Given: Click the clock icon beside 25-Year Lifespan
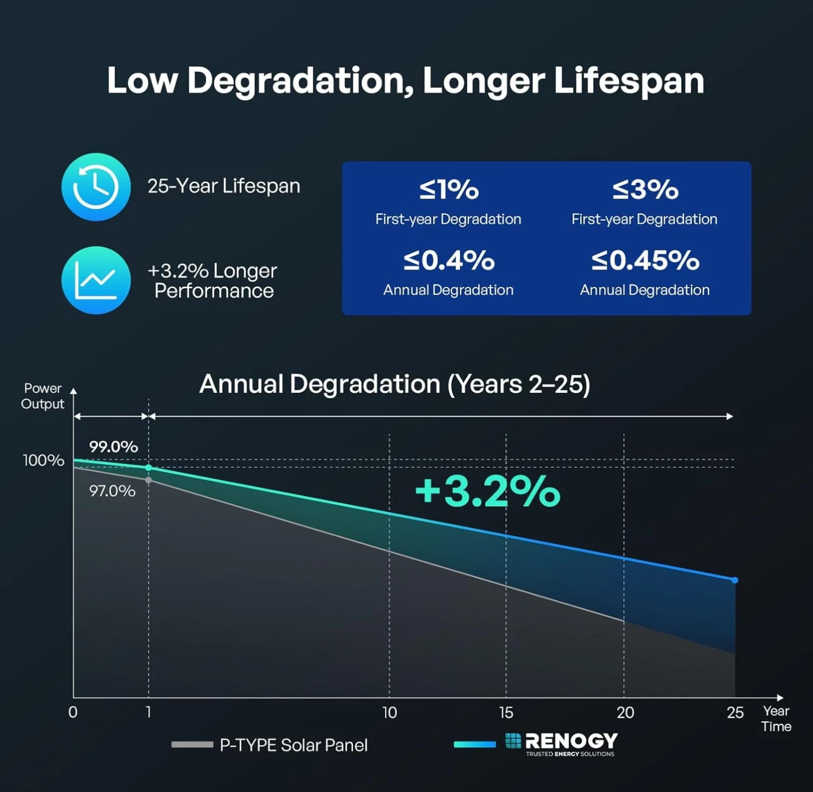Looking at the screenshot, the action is pyautogui.click(x=96, y=187).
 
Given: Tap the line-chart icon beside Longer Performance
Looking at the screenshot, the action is pyautogui.click(x=96, y=280).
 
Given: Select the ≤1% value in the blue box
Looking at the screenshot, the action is pyautogui.click(x=449, y=189).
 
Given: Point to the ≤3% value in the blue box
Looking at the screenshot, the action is pyautogui.click(x=645, y=189).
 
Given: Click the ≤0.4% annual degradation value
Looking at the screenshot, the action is pyautogui.click(x=449, y=260).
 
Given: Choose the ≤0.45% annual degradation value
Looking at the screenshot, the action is pyautogui.click(x=645, y=260).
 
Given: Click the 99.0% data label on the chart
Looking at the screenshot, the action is pyautogui.click(x=113, y=447).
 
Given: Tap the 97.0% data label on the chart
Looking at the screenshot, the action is pyautogui.click(x=112, y=491).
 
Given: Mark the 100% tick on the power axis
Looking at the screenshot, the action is pyautogui.click(x=44, y=460).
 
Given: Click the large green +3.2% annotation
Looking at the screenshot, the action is pyautogui.click(x=487, y=491).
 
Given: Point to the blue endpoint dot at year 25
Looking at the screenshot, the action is pyautogui.click(x=735, y=580).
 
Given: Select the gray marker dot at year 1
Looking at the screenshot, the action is pyautogui.click(x=148, y=480).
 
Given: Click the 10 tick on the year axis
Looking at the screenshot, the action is pyautogui.click(x=389, y=713).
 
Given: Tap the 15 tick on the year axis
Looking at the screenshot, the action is pyautogui.click(x=506, y=713).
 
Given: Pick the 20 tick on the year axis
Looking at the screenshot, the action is pyautogui.click(x=625, y=713).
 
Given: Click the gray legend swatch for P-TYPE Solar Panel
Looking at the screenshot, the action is pyautogui.click(x=192, y=745).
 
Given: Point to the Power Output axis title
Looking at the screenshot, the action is pyautogui.click(x=42, y=396).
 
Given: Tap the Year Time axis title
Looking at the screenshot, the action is pyautogui.click(x=776, y=719).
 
